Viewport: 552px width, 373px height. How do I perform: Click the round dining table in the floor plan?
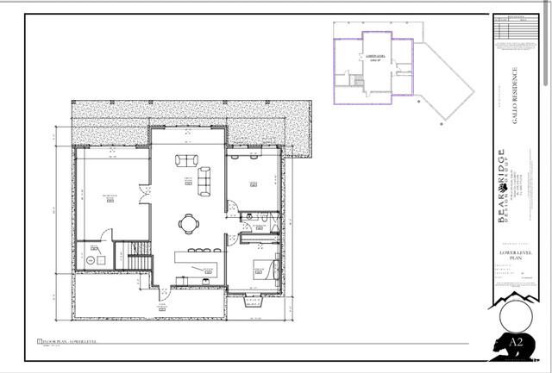point(189,223)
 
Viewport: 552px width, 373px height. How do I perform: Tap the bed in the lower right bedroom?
point(264,270)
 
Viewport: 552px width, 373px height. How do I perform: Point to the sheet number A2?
point(517,342)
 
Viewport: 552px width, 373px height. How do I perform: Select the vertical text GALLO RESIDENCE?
point(515,96)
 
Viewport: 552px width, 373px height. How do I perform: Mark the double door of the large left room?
point(105,236)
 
